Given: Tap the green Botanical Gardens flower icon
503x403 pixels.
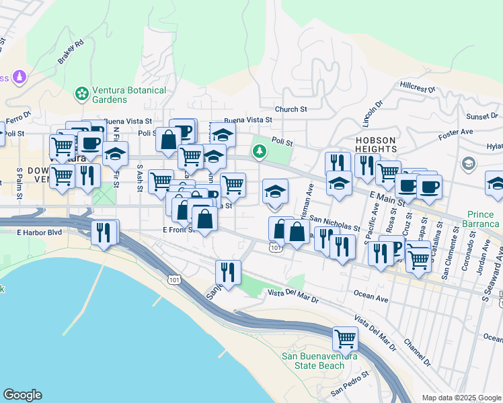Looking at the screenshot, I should [82, 93].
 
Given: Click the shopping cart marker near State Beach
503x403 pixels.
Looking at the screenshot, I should [345, 338].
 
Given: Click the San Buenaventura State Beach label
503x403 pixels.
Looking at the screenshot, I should [319, 361].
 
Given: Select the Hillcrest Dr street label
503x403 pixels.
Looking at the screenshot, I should [418, 87].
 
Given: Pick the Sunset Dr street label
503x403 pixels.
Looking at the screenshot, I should [483, 116].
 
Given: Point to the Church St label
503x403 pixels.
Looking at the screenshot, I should [291, 109].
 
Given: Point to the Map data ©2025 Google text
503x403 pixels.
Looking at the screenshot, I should [461, 398].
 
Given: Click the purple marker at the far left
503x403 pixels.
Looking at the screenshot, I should [19, 77].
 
